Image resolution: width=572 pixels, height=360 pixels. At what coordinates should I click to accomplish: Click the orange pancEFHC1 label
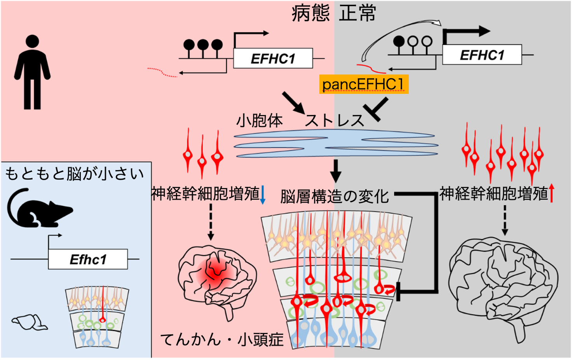tap(364, 84)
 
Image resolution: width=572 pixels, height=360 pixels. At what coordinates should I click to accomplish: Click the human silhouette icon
tap(32, 72)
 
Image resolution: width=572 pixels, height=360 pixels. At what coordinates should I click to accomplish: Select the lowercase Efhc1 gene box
tap(88, 259)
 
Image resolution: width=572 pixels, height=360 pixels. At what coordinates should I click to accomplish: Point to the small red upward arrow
tap(551, 193)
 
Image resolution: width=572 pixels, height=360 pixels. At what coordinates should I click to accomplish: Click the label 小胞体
tap(260, 121)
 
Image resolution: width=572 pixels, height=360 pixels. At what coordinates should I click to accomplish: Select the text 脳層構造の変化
tap(335, 197)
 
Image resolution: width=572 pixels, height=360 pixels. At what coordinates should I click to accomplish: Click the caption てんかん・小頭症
tap(222, 339)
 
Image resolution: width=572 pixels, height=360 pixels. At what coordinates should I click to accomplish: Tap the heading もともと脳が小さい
tap(75, 174)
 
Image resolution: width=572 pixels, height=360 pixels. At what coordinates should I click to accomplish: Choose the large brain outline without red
tap(504, 290)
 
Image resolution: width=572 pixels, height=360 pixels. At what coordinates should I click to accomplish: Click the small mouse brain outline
tap(30, 323)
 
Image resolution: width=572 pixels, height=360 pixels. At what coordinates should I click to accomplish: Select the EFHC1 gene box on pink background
tap(273, 58)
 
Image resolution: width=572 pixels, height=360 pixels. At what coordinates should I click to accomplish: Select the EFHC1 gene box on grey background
tap(482, 55)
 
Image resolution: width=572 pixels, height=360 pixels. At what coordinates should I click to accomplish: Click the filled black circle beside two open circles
tap(399, 41)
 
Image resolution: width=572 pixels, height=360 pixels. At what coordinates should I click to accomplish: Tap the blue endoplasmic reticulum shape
tap(336, 143)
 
